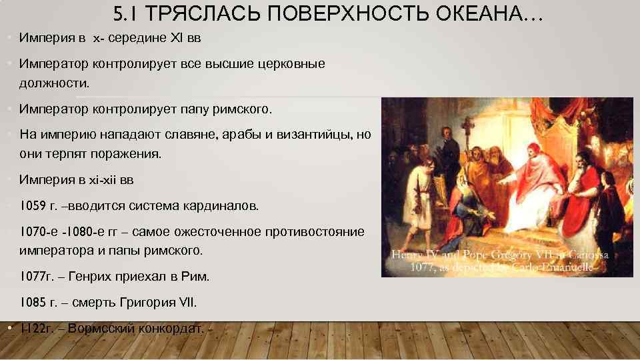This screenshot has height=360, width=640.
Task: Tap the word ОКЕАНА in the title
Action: (483, 14)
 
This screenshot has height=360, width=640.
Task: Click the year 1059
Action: (33, 206)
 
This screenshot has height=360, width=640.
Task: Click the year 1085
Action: (33, 302)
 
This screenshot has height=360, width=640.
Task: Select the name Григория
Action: (146, 302)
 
